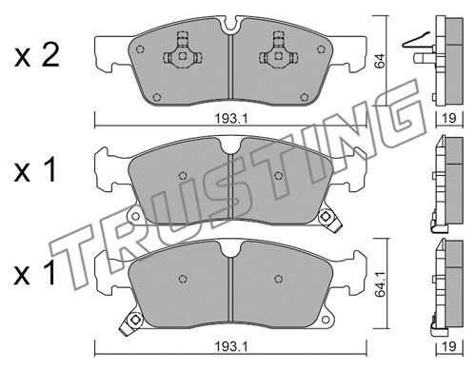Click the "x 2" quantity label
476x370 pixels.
(x=37, y=55)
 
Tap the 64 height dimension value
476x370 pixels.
(x=379, y=61)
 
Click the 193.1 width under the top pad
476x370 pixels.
(x=230, y=119)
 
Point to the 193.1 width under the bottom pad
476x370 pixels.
(x=230, y=346)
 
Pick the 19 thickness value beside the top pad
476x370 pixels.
(x=449, y=118)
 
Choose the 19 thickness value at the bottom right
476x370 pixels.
(x=449, y=346)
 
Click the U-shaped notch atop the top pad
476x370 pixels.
(x=232, y=27)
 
